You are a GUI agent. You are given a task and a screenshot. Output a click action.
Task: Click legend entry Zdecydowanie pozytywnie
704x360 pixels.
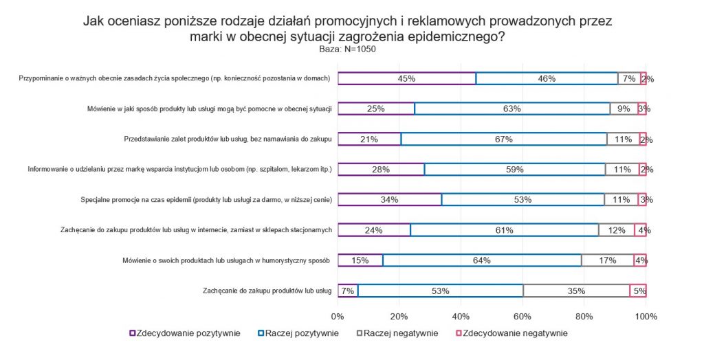click(x=185, y=333)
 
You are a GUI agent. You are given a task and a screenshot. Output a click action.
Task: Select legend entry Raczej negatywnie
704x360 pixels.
click(x=397, y=333)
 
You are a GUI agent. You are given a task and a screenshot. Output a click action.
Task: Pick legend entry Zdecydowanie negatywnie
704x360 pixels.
click(x=511, y=333)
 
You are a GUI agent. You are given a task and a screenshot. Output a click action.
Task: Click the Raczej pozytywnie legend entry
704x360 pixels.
click(x=298, y=333)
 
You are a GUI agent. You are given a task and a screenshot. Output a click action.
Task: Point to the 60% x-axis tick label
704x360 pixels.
click(x=522, y=317)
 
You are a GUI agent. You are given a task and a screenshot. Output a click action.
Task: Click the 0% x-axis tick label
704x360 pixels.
click(x=338, y=317)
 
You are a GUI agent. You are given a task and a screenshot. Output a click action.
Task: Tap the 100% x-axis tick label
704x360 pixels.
click(x=646, y=317)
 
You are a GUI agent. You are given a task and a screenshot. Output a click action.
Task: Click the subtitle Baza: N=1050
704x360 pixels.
click(x=347, y=49)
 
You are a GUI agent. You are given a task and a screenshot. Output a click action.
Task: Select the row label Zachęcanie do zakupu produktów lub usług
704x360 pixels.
click(x=267, y=291)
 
